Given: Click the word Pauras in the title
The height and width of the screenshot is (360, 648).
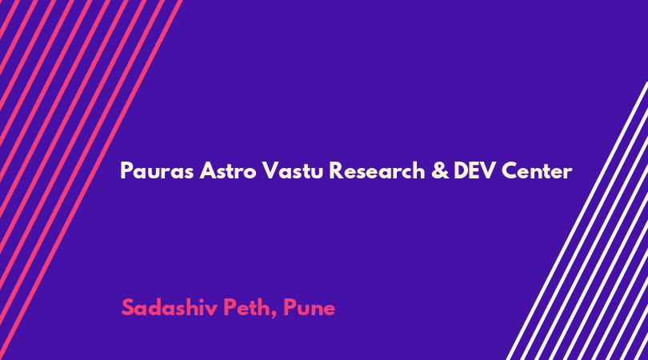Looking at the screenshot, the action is (157, 170).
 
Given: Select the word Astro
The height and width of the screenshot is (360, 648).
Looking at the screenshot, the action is (228, 170).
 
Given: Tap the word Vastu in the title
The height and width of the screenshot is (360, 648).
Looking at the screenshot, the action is (292, 170).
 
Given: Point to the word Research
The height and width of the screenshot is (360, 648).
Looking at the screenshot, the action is (377, 170).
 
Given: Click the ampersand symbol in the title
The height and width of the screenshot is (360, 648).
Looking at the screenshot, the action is (440, 170).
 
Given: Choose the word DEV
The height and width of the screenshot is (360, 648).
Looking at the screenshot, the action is (474, 170).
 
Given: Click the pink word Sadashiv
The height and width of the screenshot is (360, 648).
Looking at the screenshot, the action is (170, 307).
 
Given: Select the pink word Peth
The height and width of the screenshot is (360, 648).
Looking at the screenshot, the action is (247, 307).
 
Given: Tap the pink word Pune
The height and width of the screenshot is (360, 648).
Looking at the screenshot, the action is (309, 308).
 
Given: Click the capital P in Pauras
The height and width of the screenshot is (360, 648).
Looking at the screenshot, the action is (126, 170).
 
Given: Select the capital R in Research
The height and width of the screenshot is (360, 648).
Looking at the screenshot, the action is (336, 170).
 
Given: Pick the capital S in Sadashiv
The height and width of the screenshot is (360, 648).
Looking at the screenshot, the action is (128, 307).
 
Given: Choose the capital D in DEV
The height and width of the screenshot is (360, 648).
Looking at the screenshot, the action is (462, 170).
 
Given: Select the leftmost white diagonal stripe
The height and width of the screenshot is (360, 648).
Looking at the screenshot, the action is (577, 221).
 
